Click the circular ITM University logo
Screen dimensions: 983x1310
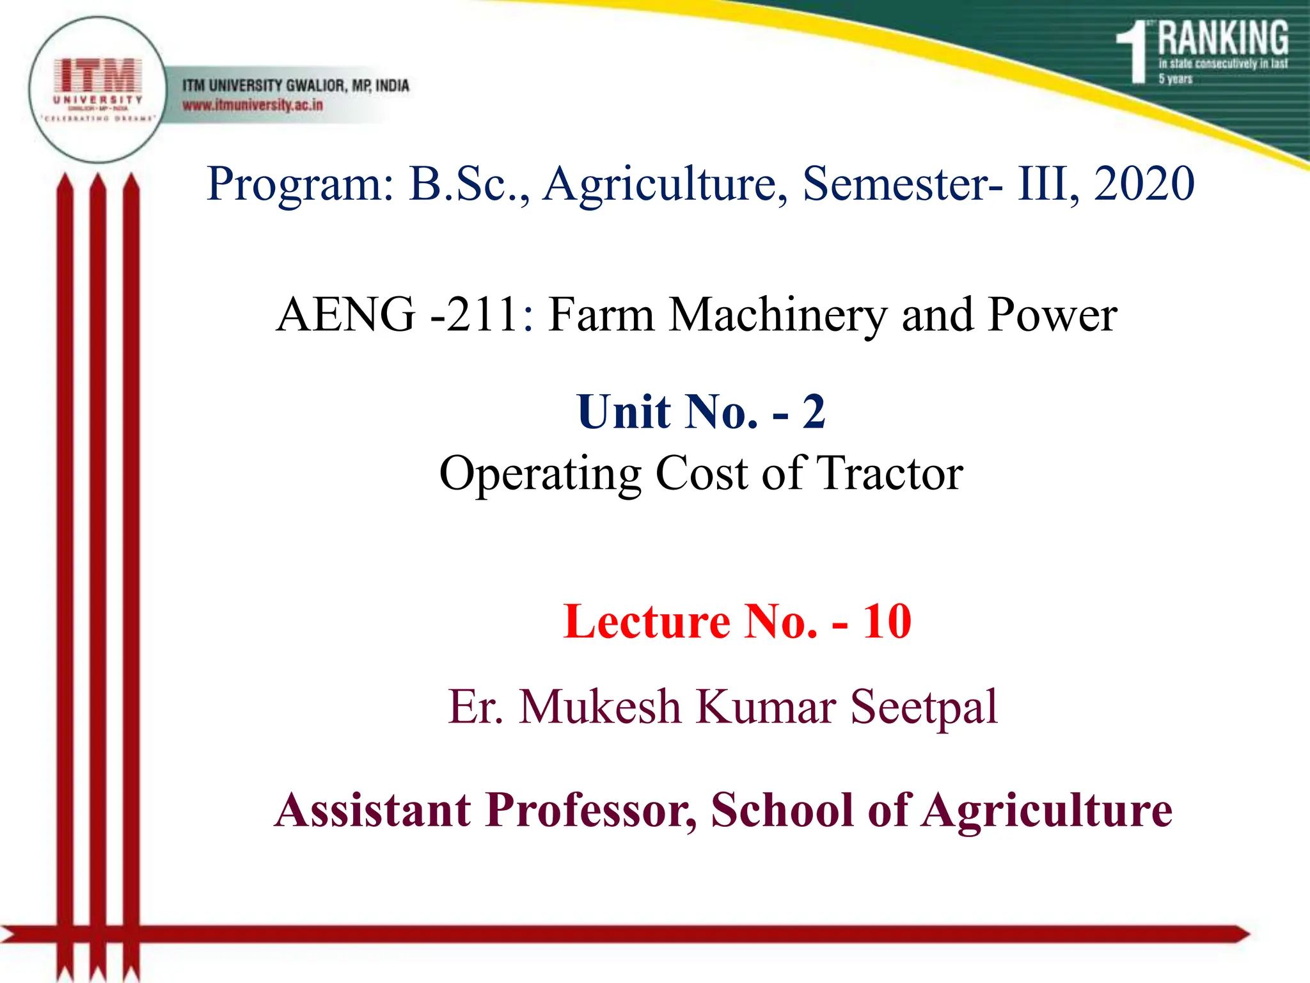pyautogui.click(x=97, y=90)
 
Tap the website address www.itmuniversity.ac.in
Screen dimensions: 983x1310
pyautogui.click(x=253, y=105)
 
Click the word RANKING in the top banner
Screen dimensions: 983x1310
pyautogui.click(x=1223, y=38)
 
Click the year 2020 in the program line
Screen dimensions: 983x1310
pyautogui.click(x=1144, y=184)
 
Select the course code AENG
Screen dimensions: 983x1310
pyautogui.click(x=345, y=315)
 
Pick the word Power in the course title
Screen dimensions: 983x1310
pyautogui.click(x=1052, y=315)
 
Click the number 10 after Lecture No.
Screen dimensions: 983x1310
pyautogui.click(x=887, y=621)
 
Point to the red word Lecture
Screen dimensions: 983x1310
pyautogui.click(x=647, y=621)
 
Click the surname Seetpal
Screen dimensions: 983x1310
pyautogui.click(x=924, y=708)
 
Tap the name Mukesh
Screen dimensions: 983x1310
pyautogui.click(x=600, y=707)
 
